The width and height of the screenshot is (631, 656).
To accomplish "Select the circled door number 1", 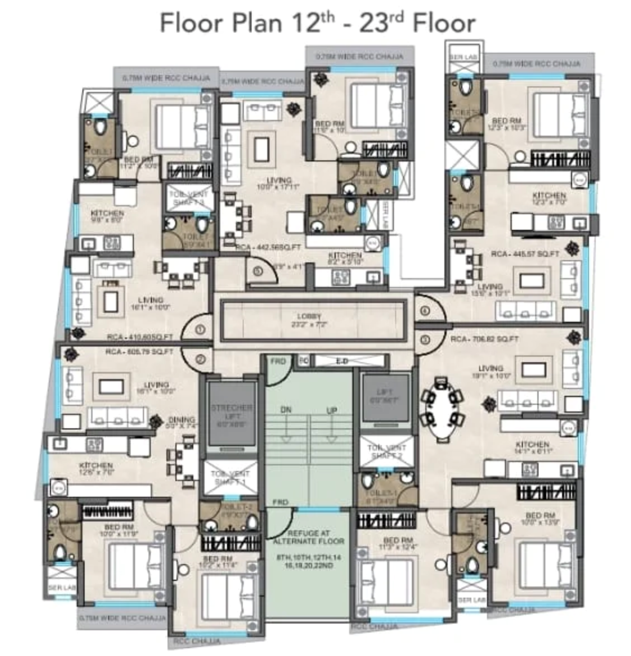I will tap(201, 331).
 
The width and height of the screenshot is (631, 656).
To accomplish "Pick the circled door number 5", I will tap(257, 271).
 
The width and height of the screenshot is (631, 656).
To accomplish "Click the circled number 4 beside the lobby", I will tap(425, 311).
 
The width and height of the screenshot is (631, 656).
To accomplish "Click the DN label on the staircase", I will tap(286, 410).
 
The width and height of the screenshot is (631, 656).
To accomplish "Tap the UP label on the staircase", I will tap(332, 410).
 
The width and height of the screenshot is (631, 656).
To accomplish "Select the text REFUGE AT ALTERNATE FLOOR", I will tap(309, 537).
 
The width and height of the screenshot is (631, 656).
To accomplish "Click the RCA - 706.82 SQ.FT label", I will tap(484, 339).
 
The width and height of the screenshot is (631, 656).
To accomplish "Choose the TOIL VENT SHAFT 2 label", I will tap(386, 451).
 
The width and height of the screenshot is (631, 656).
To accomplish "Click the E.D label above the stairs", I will tap(342, 361).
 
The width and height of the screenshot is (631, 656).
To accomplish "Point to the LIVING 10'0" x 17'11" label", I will tap(279, 183).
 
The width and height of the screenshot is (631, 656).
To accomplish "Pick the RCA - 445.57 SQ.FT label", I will tap(525, 254).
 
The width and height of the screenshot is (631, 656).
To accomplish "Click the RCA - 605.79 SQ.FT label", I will tap(140, 352).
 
